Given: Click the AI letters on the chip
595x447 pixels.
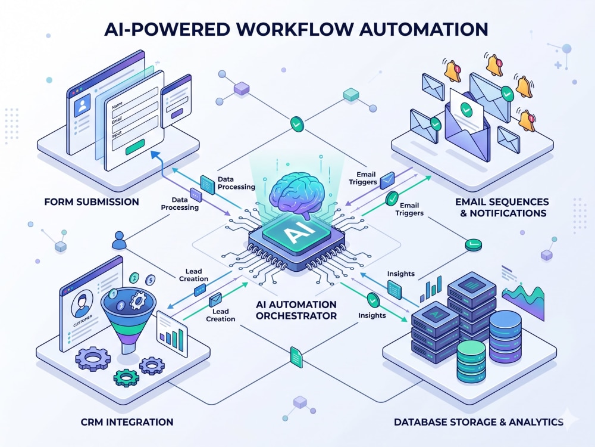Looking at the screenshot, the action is click(x=296, y=232).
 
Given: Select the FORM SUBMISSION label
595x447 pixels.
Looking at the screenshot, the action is click(x=92, y=202).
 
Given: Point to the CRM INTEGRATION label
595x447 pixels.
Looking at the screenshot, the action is click(x=127, y=422).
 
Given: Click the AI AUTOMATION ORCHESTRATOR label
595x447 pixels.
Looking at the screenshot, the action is click(x=296, y=310).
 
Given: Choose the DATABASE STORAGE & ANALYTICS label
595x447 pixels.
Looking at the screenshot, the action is click(x=478, y=422).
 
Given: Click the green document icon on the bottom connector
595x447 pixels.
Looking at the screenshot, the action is click(x=296, y=357).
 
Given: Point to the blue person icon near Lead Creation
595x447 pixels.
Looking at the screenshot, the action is click(x=119, y=240).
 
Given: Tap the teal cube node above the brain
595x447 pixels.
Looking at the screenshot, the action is click(x=351, y=94).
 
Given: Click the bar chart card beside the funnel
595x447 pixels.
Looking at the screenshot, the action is click(x=173, y=334).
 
